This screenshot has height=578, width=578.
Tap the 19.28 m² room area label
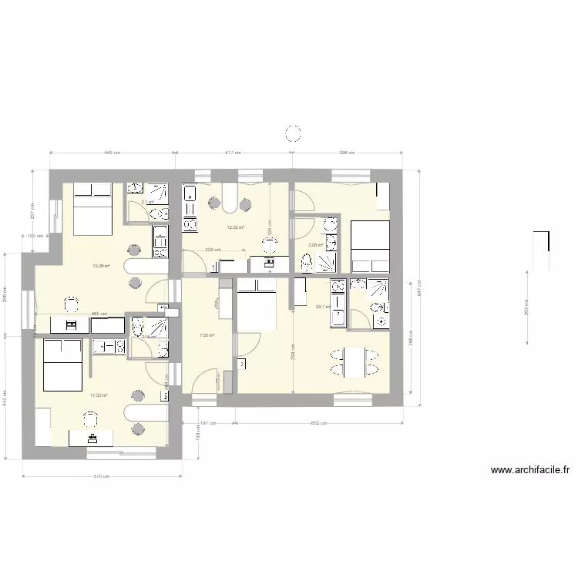[x=101, y=266]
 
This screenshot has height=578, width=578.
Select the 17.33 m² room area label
[x=99, y=395]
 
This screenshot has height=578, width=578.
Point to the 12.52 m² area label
[x=235, y=227]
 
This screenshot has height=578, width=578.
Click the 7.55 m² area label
[x=207, y=335]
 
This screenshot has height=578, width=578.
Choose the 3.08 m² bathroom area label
[x=316, y=246]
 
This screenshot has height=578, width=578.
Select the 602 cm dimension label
[x=318, y=423]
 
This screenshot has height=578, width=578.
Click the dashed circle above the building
[x=293, y=134]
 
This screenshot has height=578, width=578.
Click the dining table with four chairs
[x=355, y=363]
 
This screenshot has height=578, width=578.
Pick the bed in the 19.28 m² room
[x=92, y=210]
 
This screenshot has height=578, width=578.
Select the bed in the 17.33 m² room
[x=61, y=365]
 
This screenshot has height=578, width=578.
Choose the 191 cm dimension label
[x=207, y=423]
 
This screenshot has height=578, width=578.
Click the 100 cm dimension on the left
[x=35, y=235]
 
